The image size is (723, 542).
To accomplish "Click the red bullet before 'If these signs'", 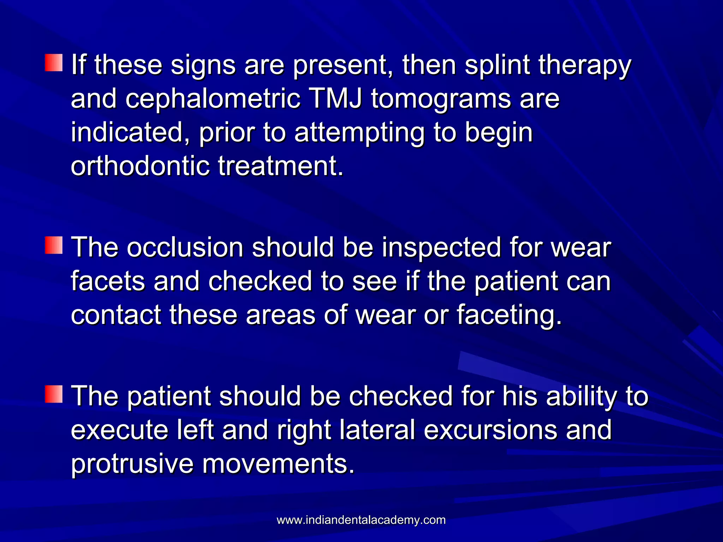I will point(54,63).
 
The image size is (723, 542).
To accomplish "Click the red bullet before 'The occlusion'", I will point(54,245).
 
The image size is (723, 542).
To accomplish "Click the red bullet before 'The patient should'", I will point(54,394).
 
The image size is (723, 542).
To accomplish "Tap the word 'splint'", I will point(497,65).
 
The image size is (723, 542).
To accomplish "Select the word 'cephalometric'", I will point(213,99).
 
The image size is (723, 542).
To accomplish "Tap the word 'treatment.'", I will point(281,166).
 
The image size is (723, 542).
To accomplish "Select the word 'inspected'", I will point(441,248).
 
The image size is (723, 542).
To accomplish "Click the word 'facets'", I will point(108,281).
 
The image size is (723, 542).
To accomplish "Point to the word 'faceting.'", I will point(509,315).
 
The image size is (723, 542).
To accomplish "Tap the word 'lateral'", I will point(377,430).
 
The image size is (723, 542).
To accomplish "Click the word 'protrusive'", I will point(132,464).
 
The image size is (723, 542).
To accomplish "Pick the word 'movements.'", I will point(278,464).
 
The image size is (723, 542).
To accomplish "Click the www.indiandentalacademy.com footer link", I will point(361,520).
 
